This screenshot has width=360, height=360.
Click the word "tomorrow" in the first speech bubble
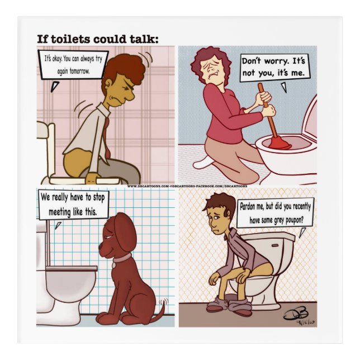[76, 72]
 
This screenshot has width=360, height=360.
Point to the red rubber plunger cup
[278, 144]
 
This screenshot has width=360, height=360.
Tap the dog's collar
[121, 258]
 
